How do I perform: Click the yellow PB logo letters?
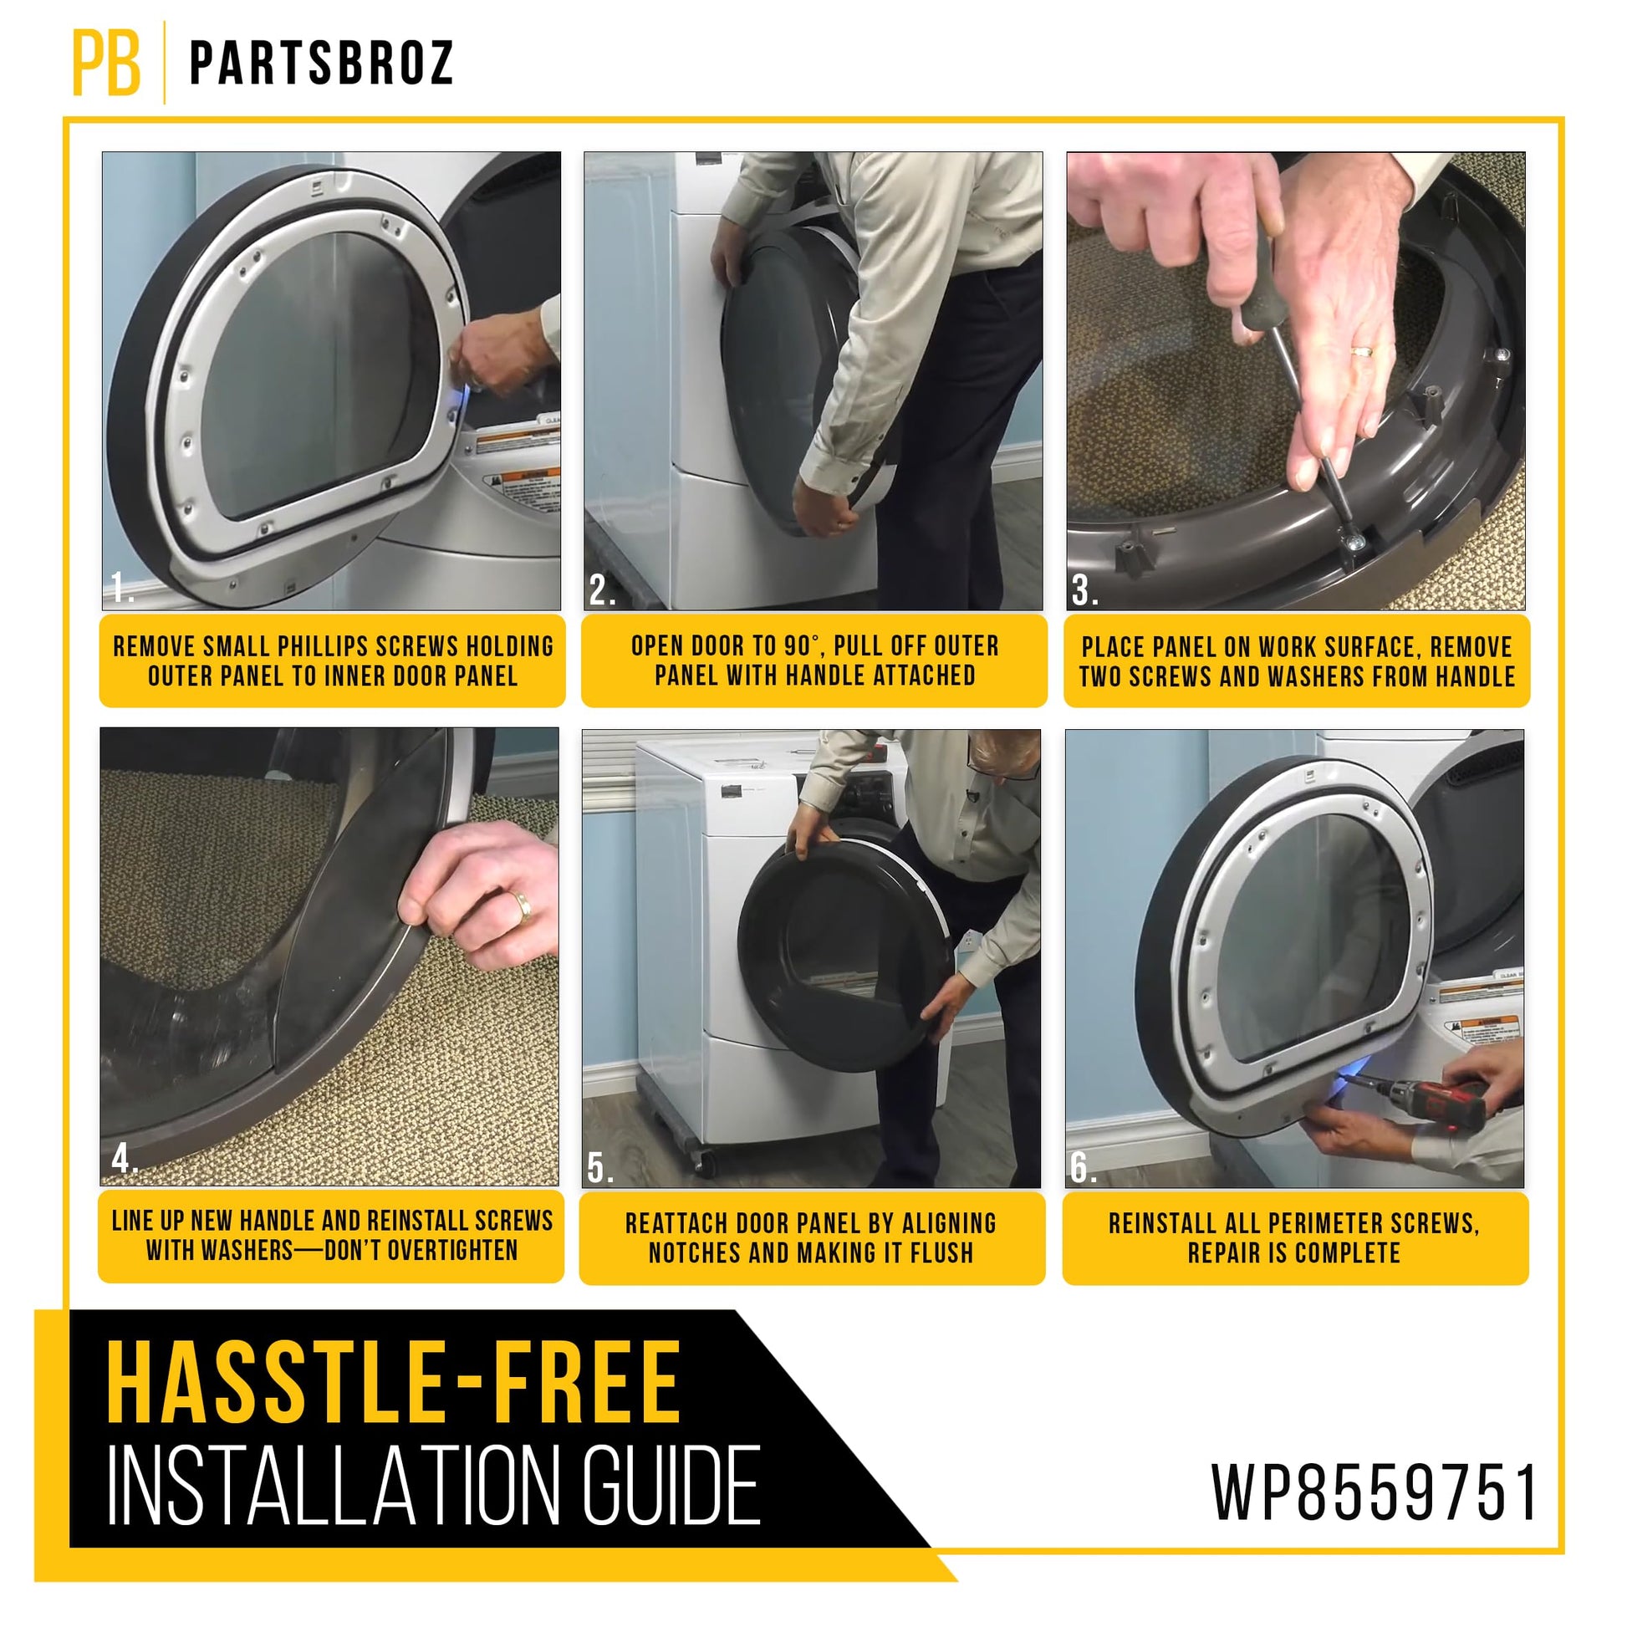point(106,63)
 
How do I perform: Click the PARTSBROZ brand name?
point(322,64)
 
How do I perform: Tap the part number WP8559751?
point(1375,1492)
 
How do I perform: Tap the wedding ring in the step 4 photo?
point(524,908)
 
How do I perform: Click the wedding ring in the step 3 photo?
point(1362,350)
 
